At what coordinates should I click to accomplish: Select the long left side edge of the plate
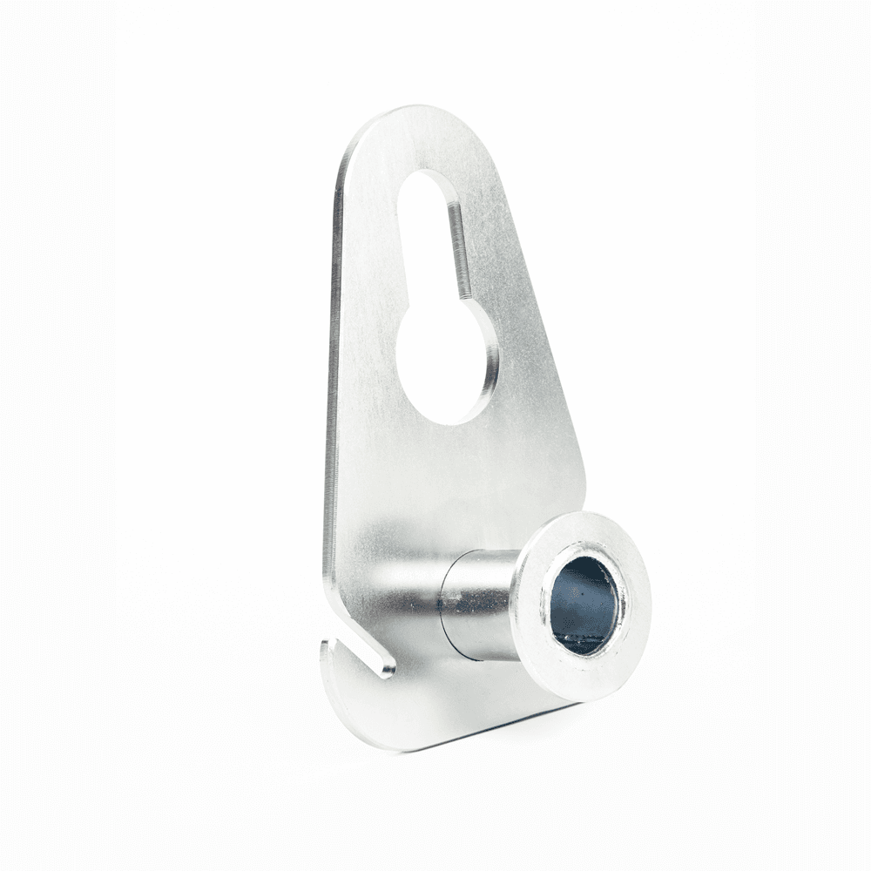[331, 392]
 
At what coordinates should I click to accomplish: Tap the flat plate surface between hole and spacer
[453, 488]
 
